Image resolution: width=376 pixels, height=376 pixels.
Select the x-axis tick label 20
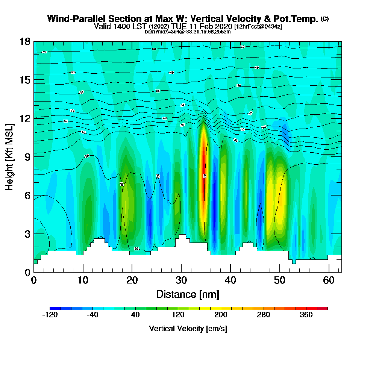click(132, 280)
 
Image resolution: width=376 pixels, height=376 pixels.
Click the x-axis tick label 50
click(279, 280)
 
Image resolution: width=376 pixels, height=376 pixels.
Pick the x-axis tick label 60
click(329, 280)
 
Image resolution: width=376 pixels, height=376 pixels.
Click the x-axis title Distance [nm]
click(188, 294)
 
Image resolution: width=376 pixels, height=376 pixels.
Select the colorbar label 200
click(221, 315)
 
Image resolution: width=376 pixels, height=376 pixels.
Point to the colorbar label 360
click(306, 315)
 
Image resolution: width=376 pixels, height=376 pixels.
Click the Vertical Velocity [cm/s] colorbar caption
click(188, 329)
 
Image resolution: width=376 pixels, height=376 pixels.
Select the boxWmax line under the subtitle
click(188, 32)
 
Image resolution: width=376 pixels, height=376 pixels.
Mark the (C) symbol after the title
click(324, 19)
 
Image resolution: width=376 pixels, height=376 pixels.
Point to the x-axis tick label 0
click(34, 280)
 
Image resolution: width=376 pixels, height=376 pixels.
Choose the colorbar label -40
click(92, 315)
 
